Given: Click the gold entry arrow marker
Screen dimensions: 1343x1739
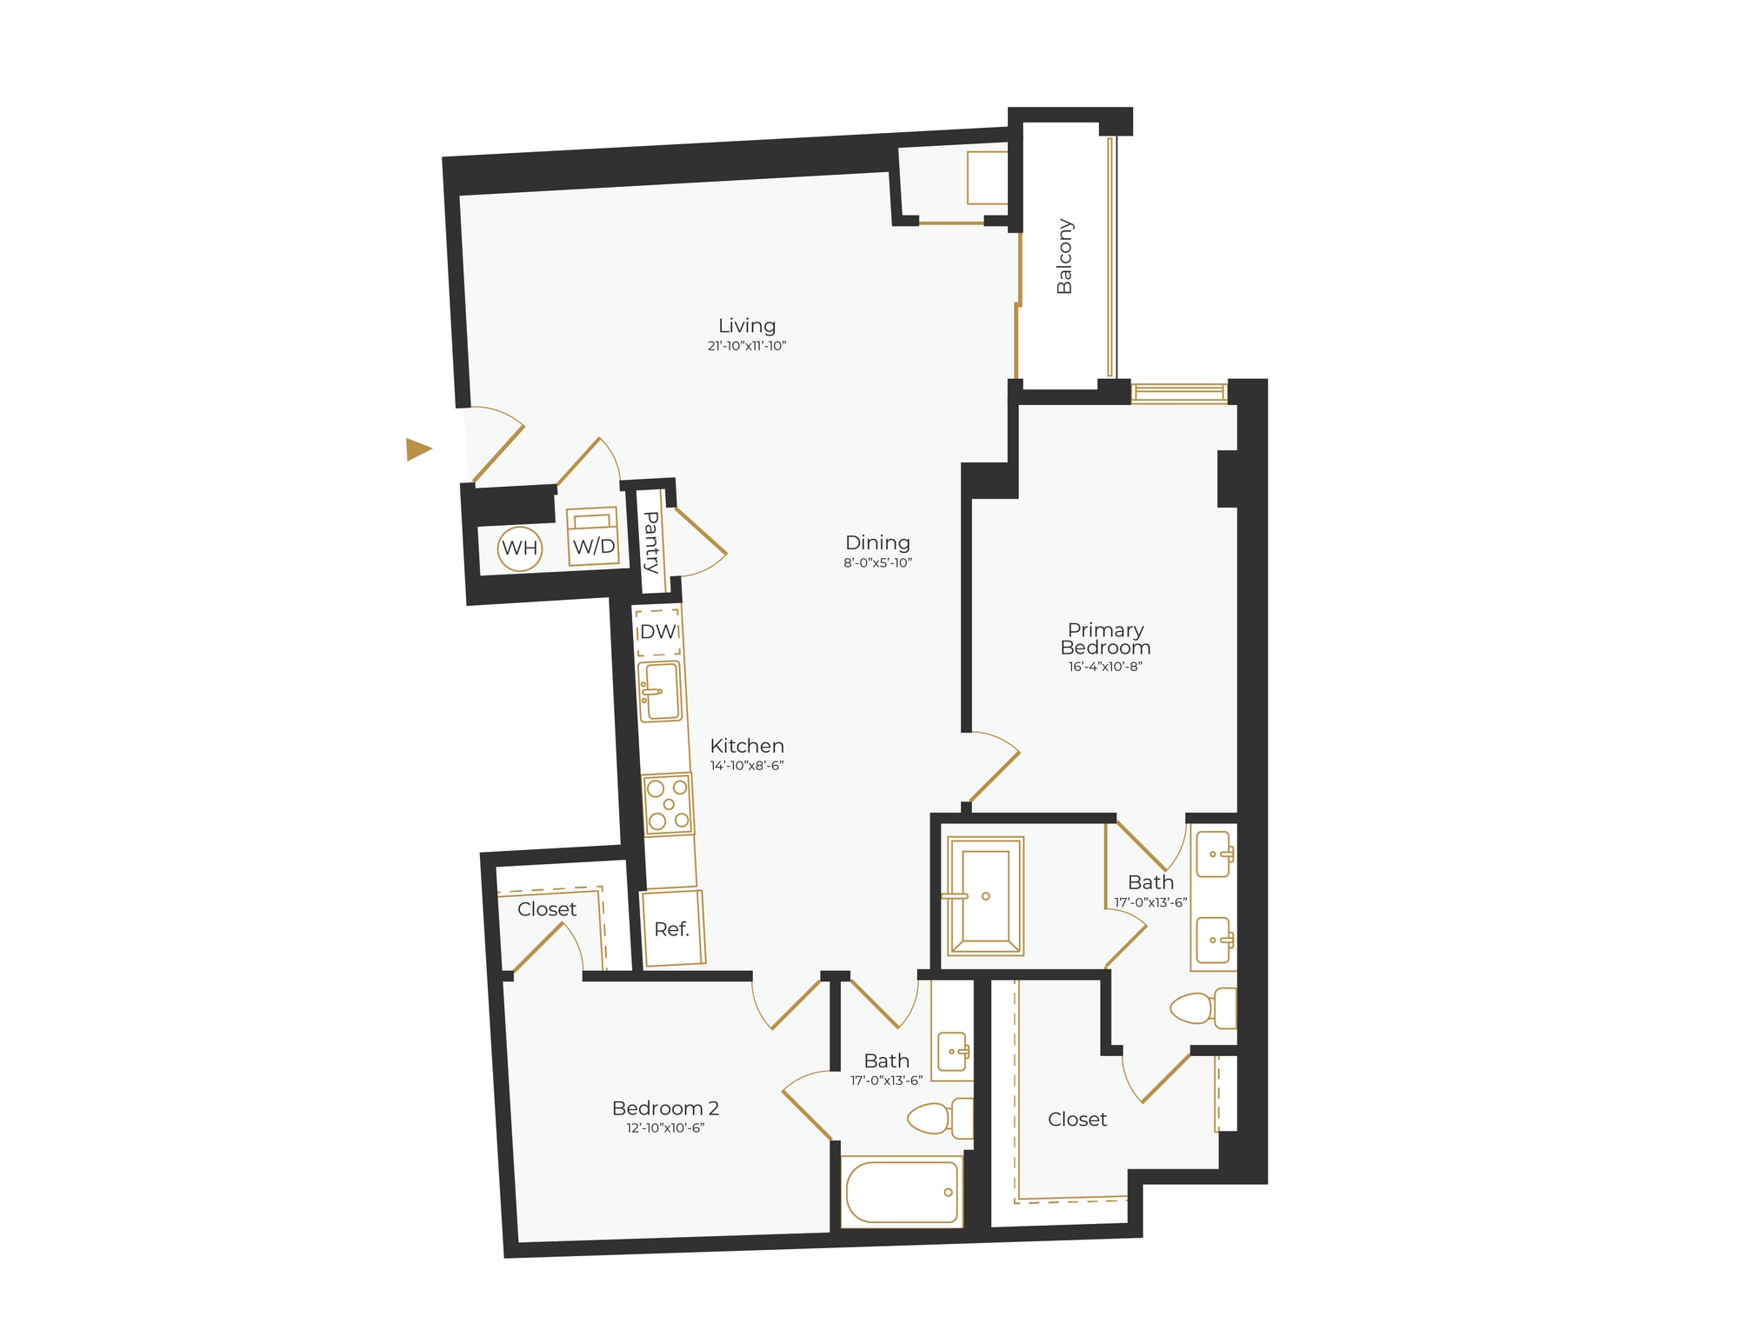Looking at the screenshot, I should point(418,449).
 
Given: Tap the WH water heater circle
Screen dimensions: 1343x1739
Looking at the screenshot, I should point(520,548).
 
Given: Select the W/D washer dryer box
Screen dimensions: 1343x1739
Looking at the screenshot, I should point(593,537).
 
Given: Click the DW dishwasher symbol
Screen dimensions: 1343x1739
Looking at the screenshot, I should point(658,632).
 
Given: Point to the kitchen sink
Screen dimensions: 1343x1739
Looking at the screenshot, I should point(660,691).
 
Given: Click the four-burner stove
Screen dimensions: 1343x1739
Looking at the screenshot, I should point(668,804).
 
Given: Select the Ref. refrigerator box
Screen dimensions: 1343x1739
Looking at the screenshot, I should point(672,928).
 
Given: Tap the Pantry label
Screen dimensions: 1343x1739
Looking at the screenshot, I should point(651,542).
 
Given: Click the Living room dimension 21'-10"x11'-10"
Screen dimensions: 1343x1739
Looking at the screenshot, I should point(747,346).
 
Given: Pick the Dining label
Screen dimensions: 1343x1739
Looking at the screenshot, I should point(877,542).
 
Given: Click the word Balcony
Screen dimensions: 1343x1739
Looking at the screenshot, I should point(1064,256).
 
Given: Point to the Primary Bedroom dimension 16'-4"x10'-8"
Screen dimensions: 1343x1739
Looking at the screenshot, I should point(1105,667).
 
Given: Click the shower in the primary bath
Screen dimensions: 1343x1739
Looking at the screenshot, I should point(985,895).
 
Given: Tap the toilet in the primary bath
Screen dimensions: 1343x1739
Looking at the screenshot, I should point(1203,1008).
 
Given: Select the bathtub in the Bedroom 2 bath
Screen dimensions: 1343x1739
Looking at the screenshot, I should point(903,1192).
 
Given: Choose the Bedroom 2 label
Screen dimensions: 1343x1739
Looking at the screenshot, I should point(665,1108).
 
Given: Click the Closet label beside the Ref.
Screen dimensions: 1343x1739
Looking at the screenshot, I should point(547,909).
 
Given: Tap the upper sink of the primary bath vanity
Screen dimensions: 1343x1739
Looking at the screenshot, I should point(1214,854).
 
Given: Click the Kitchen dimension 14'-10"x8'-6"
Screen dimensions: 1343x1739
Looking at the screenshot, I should point(747,766).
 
